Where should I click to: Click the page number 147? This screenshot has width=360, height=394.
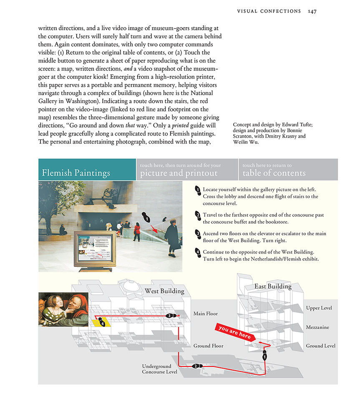tap(312, 11)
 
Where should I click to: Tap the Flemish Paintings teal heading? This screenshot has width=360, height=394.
tap(76, 173)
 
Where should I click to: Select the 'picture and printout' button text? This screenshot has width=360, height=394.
tap(179, 173)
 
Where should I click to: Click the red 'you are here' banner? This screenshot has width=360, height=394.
tap(234, 332)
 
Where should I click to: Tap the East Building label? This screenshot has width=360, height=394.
tap(273, 286)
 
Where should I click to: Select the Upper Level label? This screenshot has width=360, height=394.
tap(319, 308)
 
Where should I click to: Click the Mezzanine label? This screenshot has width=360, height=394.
tap(317, 327)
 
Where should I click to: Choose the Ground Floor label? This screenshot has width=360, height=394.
tap(208, 346)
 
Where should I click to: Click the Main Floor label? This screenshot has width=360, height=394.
tap(206, 314)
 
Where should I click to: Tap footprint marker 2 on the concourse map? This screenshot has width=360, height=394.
tap(196, 366)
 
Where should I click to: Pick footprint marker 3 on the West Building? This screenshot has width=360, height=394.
tap(170, 316)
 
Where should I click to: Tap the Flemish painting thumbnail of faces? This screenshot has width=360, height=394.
tap(63, 309)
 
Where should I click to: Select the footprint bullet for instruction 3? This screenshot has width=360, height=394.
tap(198, 233)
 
